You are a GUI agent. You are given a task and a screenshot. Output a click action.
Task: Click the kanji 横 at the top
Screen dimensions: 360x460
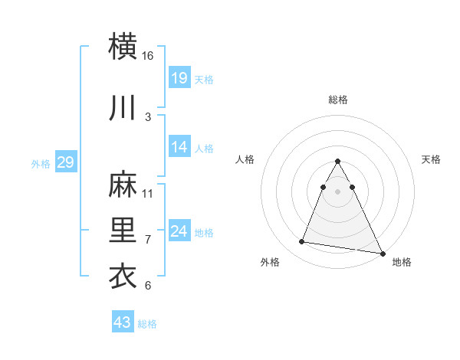pyautogui.click(x=123, y=45)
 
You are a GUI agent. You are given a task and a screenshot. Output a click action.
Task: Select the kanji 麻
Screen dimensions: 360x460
pyautogui.click(x=123, y=183)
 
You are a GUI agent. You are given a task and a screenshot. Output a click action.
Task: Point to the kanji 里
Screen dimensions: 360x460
pyautogui.click(x=123, y=229)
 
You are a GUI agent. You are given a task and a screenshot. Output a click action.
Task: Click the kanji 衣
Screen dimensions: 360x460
pyautogui.click(x=123, y=276)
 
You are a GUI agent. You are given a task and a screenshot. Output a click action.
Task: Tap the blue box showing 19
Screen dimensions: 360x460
pyautogui.click(x=179, y=77)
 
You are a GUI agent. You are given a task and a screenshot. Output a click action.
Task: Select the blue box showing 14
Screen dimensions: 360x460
pyautogui.click(x=179, y=147)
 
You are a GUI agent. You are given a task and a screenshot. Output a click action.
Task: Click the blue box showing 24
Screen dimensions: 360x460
pyautogui.click(x=179, y=231)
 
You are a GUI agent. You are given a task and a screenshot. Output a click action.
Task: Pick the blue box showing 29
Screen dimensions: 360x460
pyautogui.click(x=65, y=162)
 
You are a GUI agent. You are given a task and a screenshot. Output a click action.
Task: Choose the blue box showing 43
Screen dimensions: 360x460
pyautogui.click(x=123, y=322)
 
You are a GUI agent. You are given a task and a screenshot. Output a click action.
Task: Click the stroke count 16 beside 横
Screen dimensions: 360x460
pyautogui.click(x=148, y=55)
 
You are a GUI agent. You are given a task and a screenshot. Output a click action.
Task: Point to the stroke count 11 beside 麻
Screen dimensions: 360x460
pyautogui.click(x=148, y=193)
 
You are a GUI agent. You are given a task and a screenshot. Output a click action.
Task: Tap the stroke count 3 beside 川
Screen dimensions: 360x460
pyautogui.click(x=148, y=116)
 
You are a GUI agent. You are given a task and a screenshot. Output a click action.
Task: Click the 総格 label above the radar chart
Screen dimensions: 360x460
pyautogui.click(x=338, y=100)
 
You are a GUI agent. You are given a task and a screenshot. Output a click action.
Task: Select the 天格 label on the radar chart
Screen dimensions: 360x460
pyautogui.click(x=431, y=159)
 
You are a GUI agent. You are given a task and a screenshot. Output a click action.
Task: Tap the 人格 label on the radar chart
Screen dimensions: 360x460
pyautogui.click(x=245, y=159)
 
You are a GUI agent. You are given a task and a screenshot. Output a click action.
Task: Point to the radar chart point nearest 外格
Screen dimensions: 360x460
pyautogui.click(x=301, y=242)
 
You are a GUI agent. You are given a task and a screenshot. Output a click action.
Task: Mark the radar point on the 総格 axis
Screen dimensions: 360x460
pyautogui.click(x=338, y=161)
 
